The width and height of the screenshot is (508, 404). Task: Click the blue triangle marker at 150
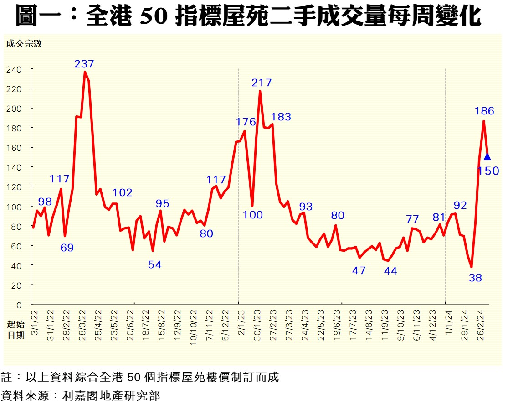[x=487, y=157]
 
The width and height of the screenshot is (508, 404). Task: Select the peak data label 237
[x=84, y=64]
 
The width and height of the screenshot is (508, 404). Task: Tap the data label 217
[x=262, y=83]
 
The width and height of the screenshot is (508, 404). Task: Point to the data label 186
[x=484, y=110]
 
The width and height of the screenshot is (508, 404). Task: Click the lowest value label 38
[x=475, y=277]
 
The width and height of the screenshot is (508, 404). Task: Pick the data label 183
[x=281, y=116]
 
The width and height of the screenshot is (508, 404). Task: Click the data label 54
[x=154, y=264]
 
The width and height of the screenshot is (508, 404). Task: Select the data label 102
[x=122, y=192]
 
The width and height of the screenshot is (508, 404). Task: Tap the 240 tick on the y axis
[x=14, y=69]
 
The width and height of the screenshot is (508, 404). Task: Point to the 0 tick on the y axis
[x=19, y=305]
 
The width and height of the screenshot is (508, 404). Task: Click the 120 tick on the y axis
[x=14, y=187]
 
